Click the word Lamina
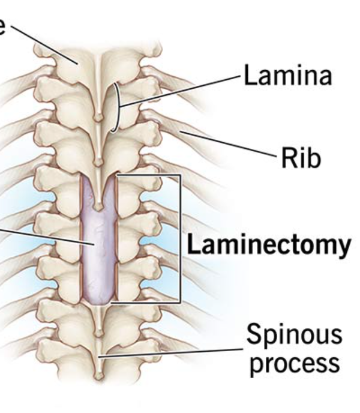[x=286, y=77]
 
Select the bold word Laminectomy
[x=268, y=244]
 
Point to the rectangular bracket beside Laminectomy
[x=179, y=240]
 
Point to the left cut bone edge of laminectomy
[x=81, y=240]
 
